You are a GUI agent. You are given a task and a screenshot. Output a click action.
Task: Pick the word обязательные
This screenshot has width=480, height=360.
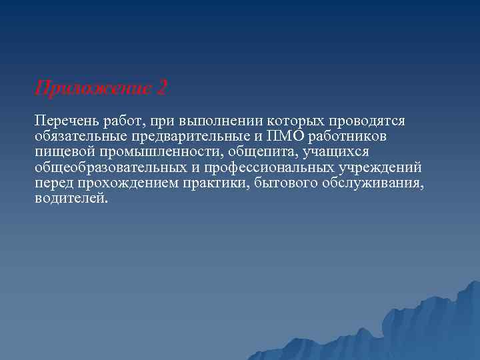[76, 137]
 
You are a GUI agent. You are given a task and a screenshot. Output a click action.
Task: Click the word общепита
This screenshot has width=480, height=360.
[257, 152]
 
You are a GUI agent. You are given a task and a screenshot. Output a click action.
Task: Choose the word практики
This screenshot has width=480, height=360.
[217, 183]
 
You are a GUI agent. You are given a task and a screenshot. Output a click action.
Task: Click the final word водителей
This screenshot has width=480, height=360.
[70, 198]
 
